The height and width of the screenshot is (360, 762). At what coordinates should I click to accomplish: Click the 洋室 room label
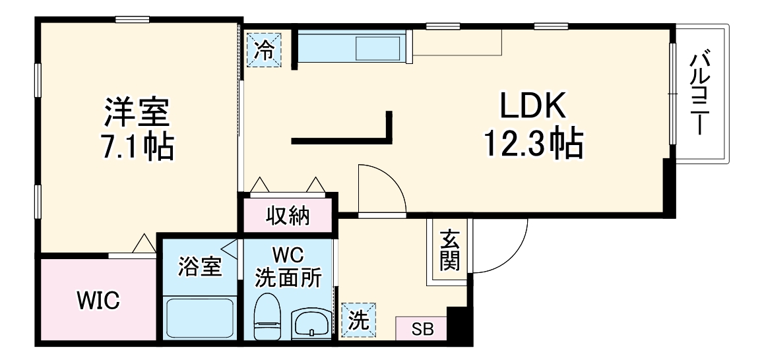pos(137,113)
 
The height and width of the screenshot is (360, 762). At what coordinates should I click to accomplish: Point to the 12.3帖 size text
pos(533,143)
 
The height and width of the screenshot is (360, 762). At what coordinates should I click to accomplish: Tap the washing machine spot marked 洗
pos(358,320)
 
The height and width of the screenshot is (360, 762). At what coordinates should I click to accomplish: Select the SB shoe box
pos(422,328)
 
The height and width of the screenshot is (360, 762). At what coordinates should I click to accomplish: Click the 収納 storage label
pos(288,216)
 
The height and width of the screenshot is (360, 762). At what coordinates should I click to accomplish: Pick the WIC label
pos(98,301)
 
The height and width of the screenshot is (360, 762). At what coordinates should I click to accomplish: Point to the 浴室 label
pos(200,268)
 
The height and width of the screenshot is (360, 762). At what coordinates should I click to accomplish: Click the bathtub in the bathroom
pos(199,318)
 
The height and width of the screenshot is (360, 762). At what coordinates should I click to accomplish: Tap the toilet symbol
pos(267,317)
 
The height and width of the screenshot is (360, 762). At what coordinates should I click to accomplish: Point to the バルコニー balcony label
pos(701,94)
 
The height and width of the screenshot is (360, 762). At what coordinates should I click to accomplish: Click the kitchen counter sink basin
pos(379,47)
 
